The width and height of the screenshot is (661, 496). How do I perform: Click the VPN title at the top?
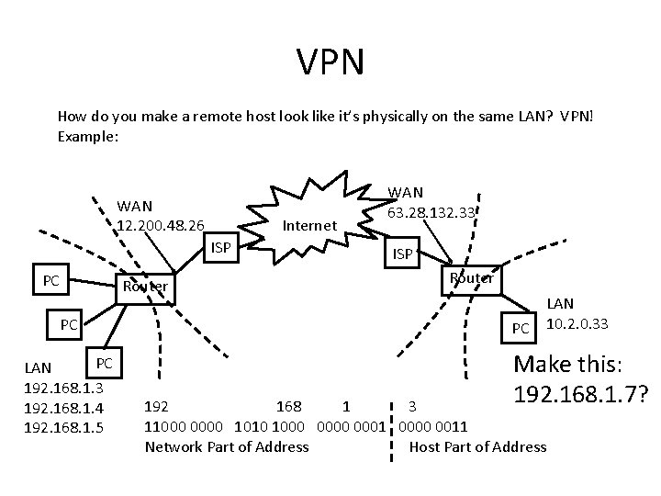(x=330, y=62)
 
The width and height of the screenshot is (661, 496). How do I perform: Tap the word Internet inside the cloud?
(x=309, y=224)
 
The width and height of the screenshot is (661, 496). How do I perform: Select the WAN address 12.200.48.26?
(x=161, y=223)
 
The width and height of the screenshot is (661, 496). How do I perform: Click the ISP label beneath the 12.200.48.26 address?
(x=221, y=247)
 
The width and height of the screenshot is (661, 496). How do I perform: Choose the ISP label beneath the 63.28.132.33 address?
(x=402, y=253)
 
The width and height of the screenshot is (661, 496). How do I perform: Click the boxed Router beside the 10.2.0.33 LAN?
(x=471, y=277)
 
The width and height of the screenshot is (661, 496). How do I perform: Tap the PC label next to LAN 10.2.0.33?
(x=521, y=328)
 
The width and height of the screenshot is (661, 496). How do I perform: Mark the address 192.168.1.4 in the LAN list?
(x=62, y=407)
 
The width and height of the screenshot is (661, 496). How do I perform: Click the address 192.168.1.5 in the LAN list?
(x=62, y=427)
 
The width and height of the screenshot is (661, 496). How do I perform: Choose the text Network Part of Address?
(x=227, y=446)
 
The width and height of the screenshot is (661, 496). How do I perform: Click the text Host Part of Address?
(x=477, y=446)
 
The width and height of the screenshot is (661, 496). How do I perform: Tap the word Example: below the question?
(x=88, y=135)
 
